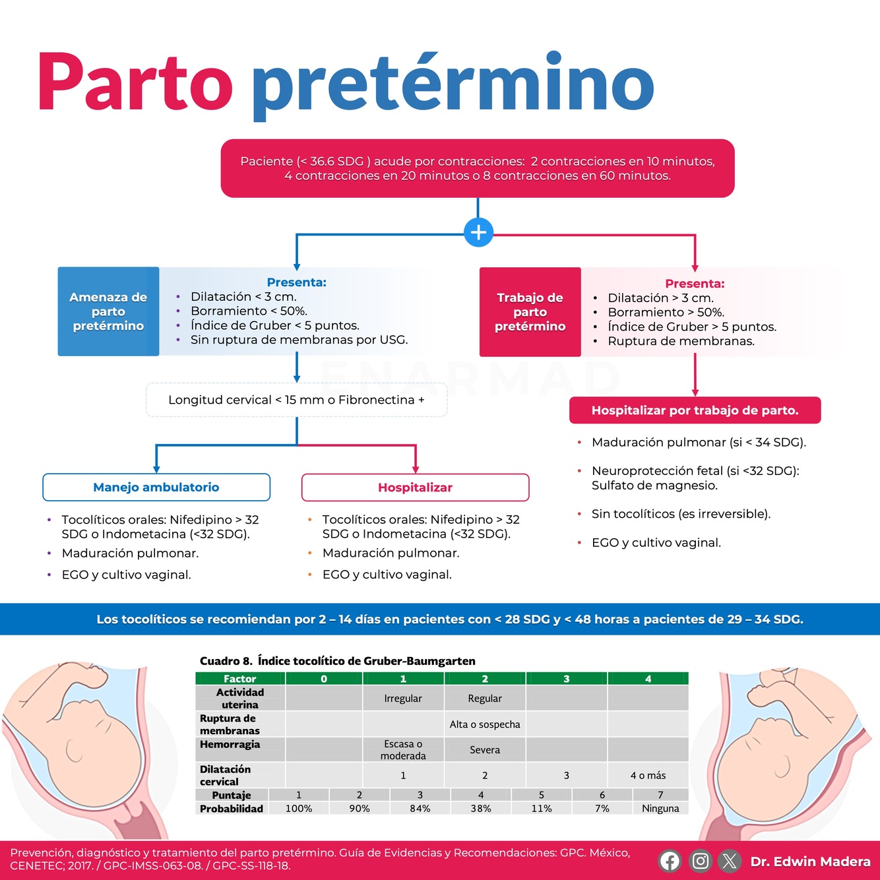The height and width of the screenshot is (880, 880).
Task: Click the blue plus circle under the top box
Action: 478,232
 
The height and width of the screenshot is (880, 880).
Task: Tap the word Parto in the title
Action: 135,82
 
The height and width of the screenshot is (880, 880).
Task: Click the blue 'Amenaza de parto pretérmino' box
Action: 108,311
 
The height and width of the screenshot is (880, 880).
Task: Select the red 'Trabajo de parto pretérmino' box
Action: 530,312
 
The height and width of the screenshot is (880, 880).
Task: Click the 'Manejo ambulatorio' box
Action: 156,487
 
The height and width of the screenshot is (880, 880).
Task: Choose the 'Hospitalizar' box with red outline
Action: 415,487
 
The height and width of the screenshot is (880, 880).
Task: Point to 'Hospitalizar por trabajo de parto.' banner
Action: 695,410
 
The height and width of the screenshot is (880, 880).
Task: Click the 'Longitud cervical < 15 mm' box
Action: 296,400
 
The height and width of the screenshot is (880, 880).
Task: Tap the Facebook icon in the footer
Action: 670,861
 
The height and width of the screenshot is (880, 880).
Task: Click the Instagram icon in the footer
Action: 700,861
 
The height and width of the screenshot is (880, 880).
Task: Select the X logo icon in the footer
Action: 730,861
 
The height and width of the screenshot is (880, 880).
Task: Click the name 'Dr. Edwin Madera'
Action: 810,862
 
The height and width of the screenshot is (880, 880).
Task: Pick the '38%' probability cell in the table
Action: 480,808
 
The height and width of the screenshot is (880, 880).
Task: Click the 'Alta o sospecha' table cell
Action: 485,724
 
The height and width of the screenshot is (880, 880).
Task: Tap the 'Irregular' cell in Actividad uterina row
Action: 403,699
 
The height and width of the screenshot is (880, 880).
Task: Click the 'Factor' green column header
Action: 239,679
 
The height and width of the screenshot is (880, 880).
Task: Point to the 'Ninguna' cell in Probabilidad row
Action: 660,808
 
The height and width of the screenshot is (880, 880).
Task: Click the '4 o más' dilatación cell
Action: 648,776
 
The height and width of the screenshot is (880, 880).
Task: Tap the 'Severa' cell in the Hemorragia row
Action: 485,750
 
